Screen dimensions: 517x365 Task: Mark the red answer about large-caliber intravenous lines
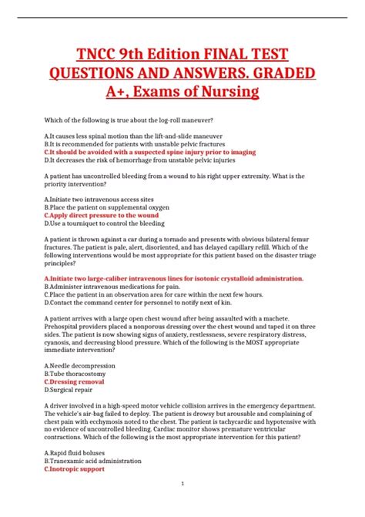click(x=173, y=277)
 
